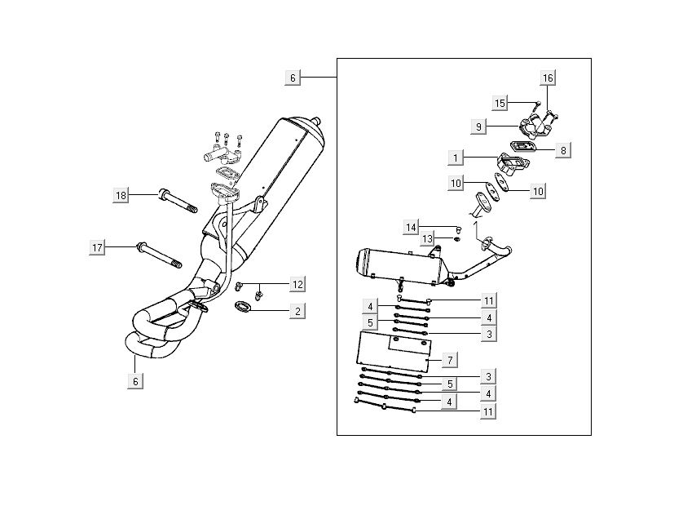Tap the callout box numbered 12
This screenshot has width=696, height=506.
(x=298, y=284)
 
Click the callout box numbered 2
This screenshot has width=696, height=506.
(x=298, y=310)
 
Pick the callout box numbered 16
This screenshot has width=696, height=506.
(x=547, y=78)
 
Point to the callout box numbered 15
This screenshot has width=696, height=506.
(x=500, y=103)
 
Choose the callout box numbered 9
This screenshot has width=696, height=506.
(x=480, y=126)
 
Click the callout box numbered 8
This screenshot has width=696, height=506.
(x=562, y=149)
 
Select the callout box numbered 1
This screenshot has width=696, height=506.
(x=456, y=154)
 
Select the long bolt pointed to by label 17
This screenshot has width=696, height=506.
(x=161, y=255)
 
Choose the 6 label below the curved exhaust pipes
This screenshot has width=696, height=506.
(x=137, y=380)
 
